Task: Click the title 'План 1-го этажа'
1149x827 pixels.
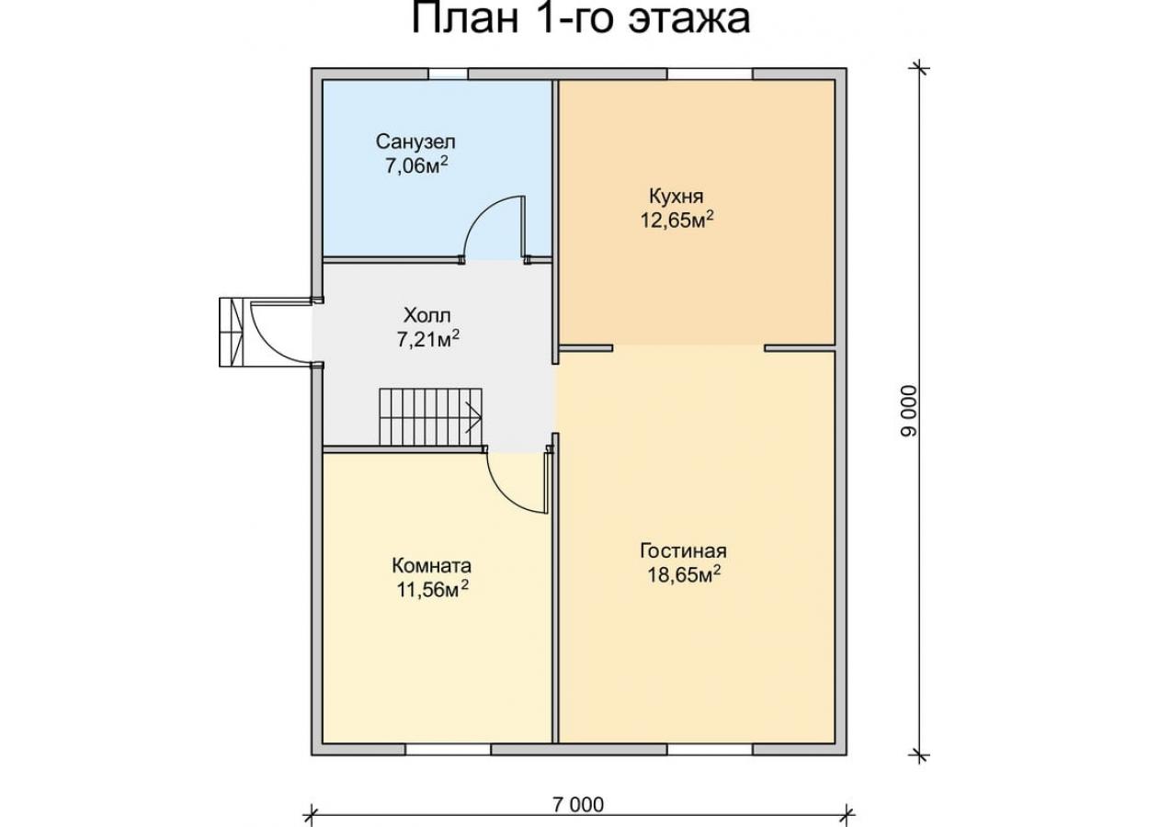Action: [x=581, y=18]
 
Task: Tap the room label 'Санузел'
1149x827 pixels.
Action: [x=415, y=142]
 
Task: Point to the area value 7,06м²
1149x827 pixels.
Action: [x=417, y=165]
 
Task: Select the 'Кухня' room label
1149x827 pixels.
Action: [x=676, y=197]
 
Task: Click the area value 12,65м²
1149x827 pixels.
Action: [x=677, y=220]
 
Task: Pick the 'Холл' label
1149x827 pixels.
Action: [x=427, y=315]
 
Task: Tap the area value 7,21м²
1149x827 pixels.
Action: [x=427, y=339]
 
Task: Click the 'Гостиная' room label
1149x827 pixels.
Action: [x=683, y=551]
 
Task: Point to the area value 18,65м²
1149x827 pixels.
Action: [x=684, y=574]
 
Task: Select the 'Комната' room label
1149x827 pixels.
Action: [x=431, y=566]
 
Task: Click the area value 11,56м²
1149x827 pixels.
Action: [x=432, y=590]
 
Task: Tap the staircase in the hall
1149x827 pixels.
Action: [x=431, y=417]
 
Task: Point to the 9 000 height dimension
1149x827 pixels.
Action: [x=909, y=411]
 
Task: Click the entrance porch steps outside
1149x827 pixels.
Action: [x=231, y=333]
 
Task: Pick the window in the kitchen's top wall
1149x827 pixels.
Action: [x=710, y=74]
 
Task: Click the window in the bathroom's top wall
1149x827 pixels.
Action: [x=448, y=74]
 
